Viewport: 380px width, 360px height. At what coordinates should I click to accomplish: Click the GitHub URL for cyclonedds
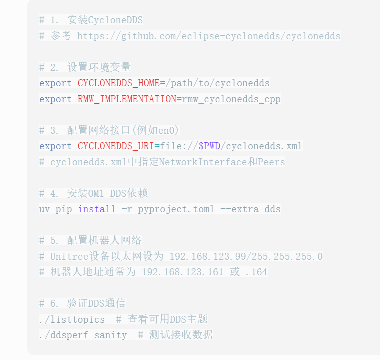click(x=208, y=36)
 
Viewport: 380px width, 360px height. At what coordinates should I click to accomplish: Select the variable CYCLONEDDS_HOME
click(x=119, y=83)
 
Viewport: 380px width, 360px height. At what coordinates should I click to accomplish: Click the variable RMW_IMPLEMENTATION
click(x=127, y=99)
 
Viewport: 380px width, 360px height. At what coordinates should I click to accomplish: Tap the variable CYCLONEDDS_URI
click(x=116, y=146)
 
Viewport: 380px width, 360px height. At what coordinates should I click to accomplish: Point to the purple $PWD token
click(x=209, y=146)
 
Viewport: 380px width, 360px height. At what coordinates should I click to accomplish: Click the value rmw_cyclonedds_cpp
click(x=231, y=99)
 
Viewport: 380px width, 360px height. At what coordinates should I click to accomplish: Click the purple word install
click(x=97, y=209)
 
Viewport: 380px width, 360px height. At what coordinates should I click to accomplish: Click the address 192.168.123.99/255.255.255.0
click(x=246, y=256)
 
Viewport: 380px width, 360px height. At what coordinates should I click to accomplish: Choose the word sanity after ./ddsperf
click(x=110, y=335)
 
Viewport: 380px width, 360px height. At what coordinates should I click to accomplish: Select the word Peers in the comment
click(x=271, y=162)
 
